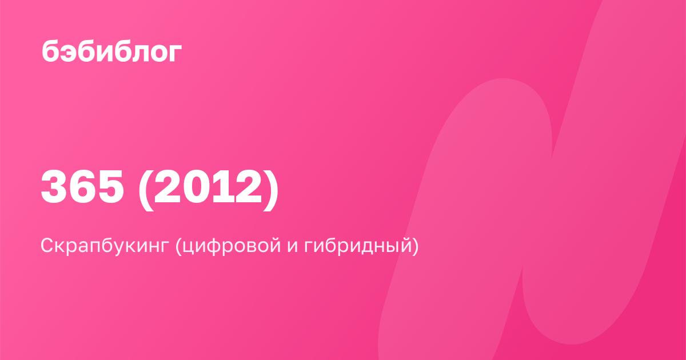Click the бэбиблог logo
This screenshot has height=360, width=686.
point(112,51)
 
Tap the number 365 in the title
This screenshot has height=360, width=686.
point(82,187)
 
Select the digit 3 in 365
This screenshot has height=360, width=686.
point(54,187)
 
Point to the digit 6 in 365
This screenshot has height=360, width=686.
point(83,187)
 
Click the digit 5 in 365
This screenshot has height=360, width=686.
point(110,187)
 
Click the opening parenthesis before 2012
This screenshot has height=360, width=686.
point(145,190)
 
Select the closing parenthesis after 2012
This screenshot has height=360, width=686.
point(271,190)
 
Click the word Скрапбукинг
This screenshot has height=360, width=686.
point(105,246)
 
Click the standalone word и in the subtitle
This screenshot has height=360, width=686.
point(293,248)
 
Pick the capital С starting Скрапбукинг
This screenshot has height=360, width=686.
point(48,246)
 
